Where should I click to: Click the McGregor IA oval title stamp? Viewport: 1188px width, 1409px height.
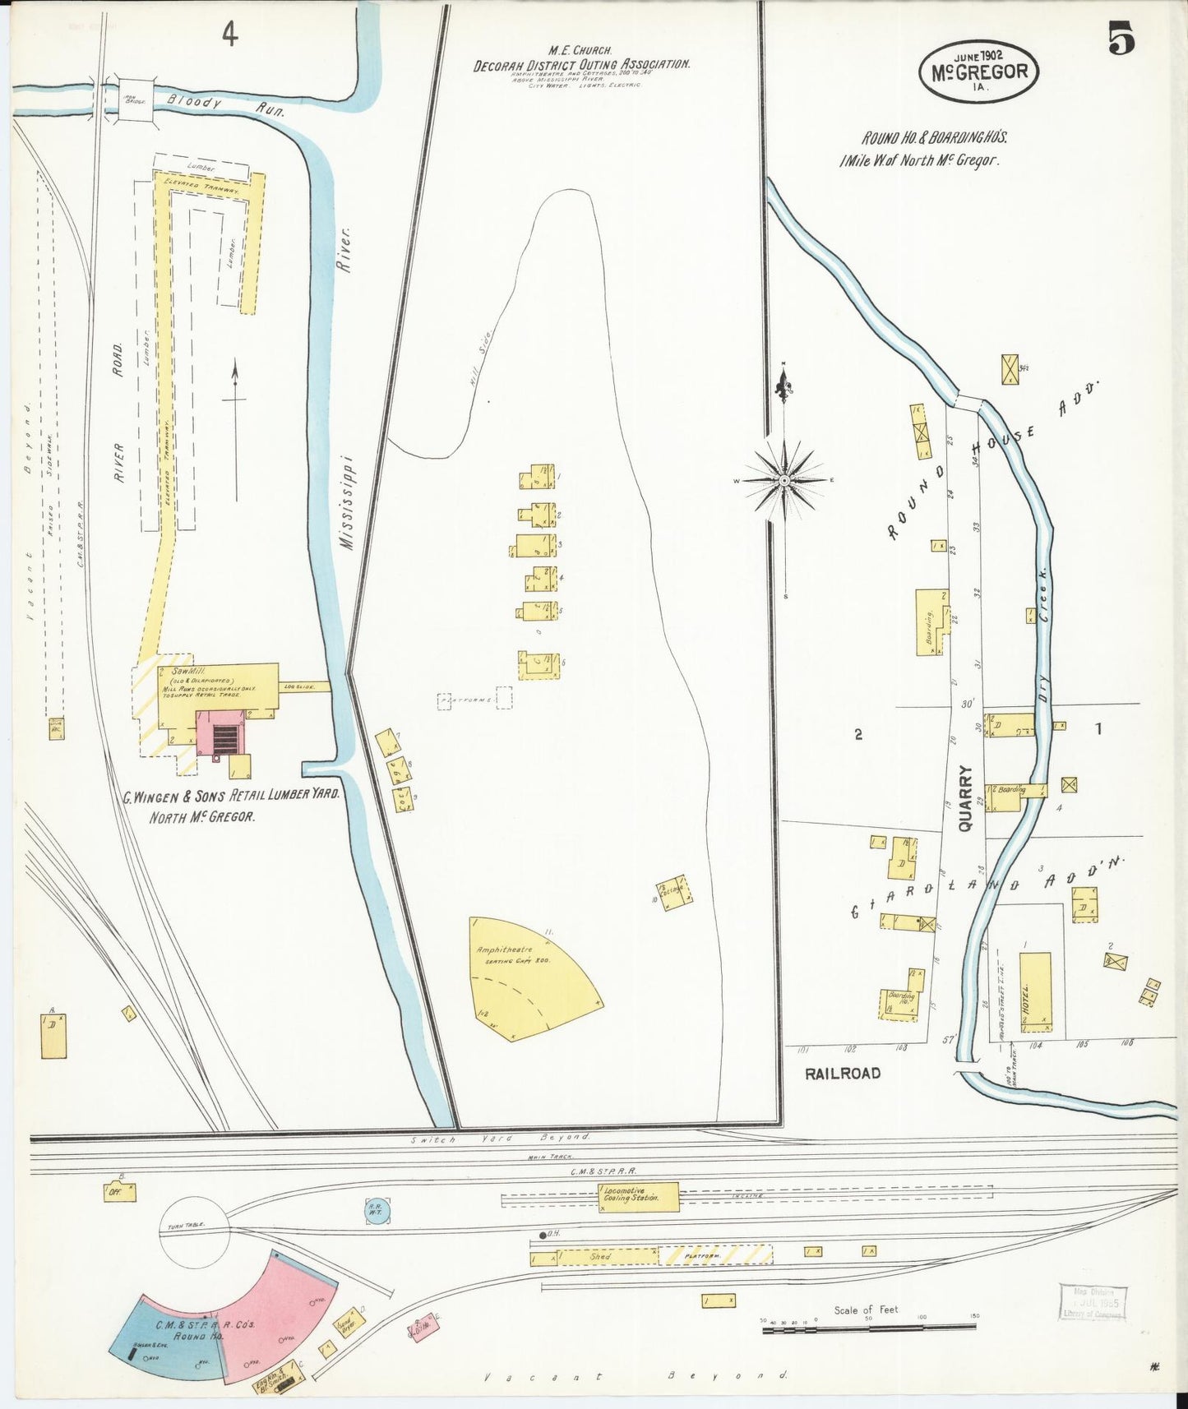pos(978,72)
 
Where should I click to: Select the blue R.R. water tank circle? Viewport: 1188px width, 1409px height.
pos(378,1209)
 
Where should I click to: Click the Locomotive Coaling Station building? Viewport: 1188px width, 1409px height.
pos(639,1196)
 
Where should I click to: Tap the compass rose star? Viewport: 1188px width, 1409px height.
pos(784,480)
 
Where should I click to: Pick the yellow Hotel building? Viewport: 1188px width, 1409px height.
pos(1035,991)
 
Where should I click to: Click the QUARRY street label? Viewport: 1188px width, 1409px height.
pos(965,797)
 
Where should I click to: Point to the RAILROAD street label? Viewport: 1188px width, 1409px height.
pos(842,1073)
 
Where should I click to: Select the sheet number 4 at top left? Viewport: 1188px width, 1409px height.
pos(229,35)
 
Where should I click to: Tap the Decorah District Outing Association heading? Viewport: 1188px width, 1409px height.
pos(581,64)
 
